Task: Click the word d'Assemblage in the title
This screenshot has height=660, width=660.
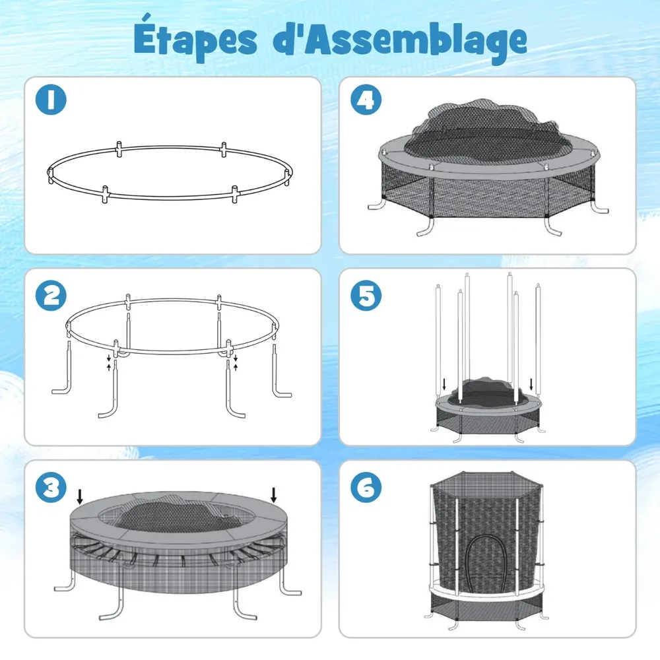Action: (400, 40)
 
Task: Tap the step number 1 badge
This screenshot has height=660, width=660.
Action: (51, 100)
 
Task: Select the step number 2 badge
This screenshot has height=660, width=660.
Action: (51, 296)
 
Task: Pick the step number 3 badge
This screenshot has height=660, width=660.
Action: (51, 488)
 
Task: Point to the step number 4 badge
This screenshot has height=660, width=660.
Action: (366, 100)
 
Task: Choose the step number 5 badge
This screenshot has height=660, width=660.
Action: (366, 296)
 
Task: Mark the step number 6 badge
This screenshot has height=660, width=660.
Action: (366, 488)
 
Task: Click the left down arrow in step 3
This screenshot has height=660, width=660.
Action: (80, 497)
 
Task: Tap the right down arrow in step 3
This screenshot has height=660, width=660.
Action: (274, 495)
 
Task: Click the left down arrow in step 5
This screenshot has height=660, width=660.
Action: (444, 385)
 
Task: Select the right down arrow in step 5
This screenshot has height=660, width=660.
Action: (531, 385)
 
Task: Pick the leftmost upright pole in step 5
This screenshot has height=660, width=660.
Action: (438, 341)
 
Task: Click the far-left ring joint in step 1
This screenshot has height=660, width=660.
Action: (50, 174)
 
